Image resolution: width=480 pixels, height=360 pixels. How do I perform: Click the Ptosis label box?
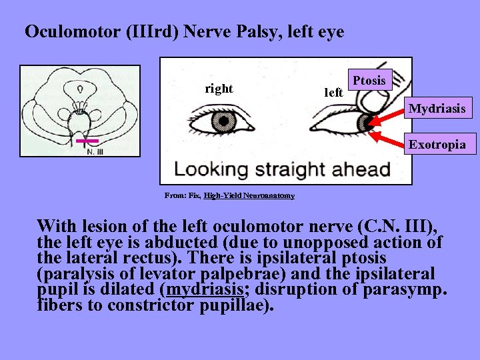coord(369,80)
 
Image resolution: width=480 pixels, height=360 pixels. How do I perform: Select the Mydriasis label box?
coord(437,108)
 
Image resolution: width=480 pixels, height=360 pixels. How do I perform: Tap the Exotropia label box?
coord(437,144)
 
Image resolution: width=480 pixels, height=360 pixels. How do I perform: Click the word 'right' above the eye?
coord(219,89)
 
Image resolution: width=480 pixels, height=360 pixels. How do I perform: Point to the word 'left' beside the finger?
coord(333,93)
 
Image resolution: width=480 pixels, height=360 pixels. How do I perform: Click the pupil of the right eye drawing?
coord(223,122)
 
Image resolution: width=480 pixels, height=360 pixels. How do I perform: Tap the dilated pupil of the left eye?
coord(366,122)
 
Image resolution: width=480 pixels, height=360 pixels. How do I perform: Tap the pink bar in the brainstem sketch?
coord(87,141)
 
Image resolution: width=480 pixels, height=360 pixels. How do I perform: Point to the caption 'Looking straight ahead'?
coord(282,169)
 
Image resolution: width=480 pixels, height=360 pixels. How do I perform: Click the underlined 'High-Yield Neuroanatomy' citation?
coord(250,195)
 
